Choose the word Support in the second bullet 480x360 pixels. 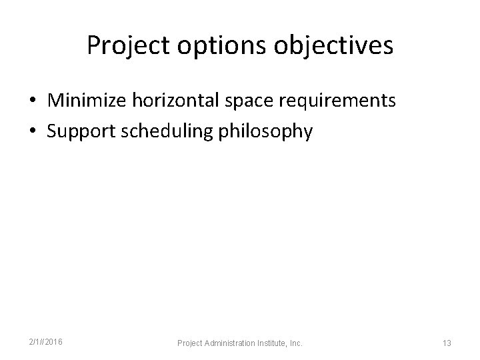coord(81,132)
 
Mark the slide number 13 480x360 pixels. coord(447,343)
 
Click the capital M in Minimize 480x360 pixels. coord(55,101)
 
